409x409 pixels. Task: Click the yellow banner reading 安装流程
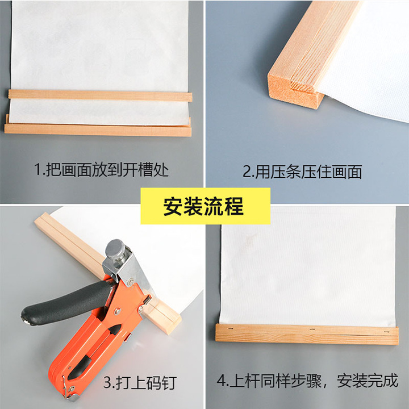tap(205, 206)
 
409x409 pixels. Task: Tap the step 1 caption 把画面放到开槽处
tap(107, 170)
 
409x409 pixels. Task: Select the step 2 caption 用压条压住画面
tap(308, 172)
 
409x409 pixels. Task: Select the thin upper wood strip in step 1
tap(100, 95)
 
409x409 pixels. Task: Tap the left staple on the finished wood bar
tap(230, 328)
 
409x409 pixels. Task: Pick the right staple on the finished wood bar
tap(386, 332)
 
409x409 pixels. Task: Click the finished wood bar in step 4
tap(307, 334)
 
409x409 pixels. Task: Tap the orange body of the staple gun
tap(99, 336)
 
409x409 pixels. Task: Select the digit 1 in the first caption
tap(38, 170)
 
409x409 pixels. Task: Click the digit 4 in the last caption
tap(221, 381)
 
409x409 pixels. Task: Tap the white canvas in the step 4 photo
tap(308, 266)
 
